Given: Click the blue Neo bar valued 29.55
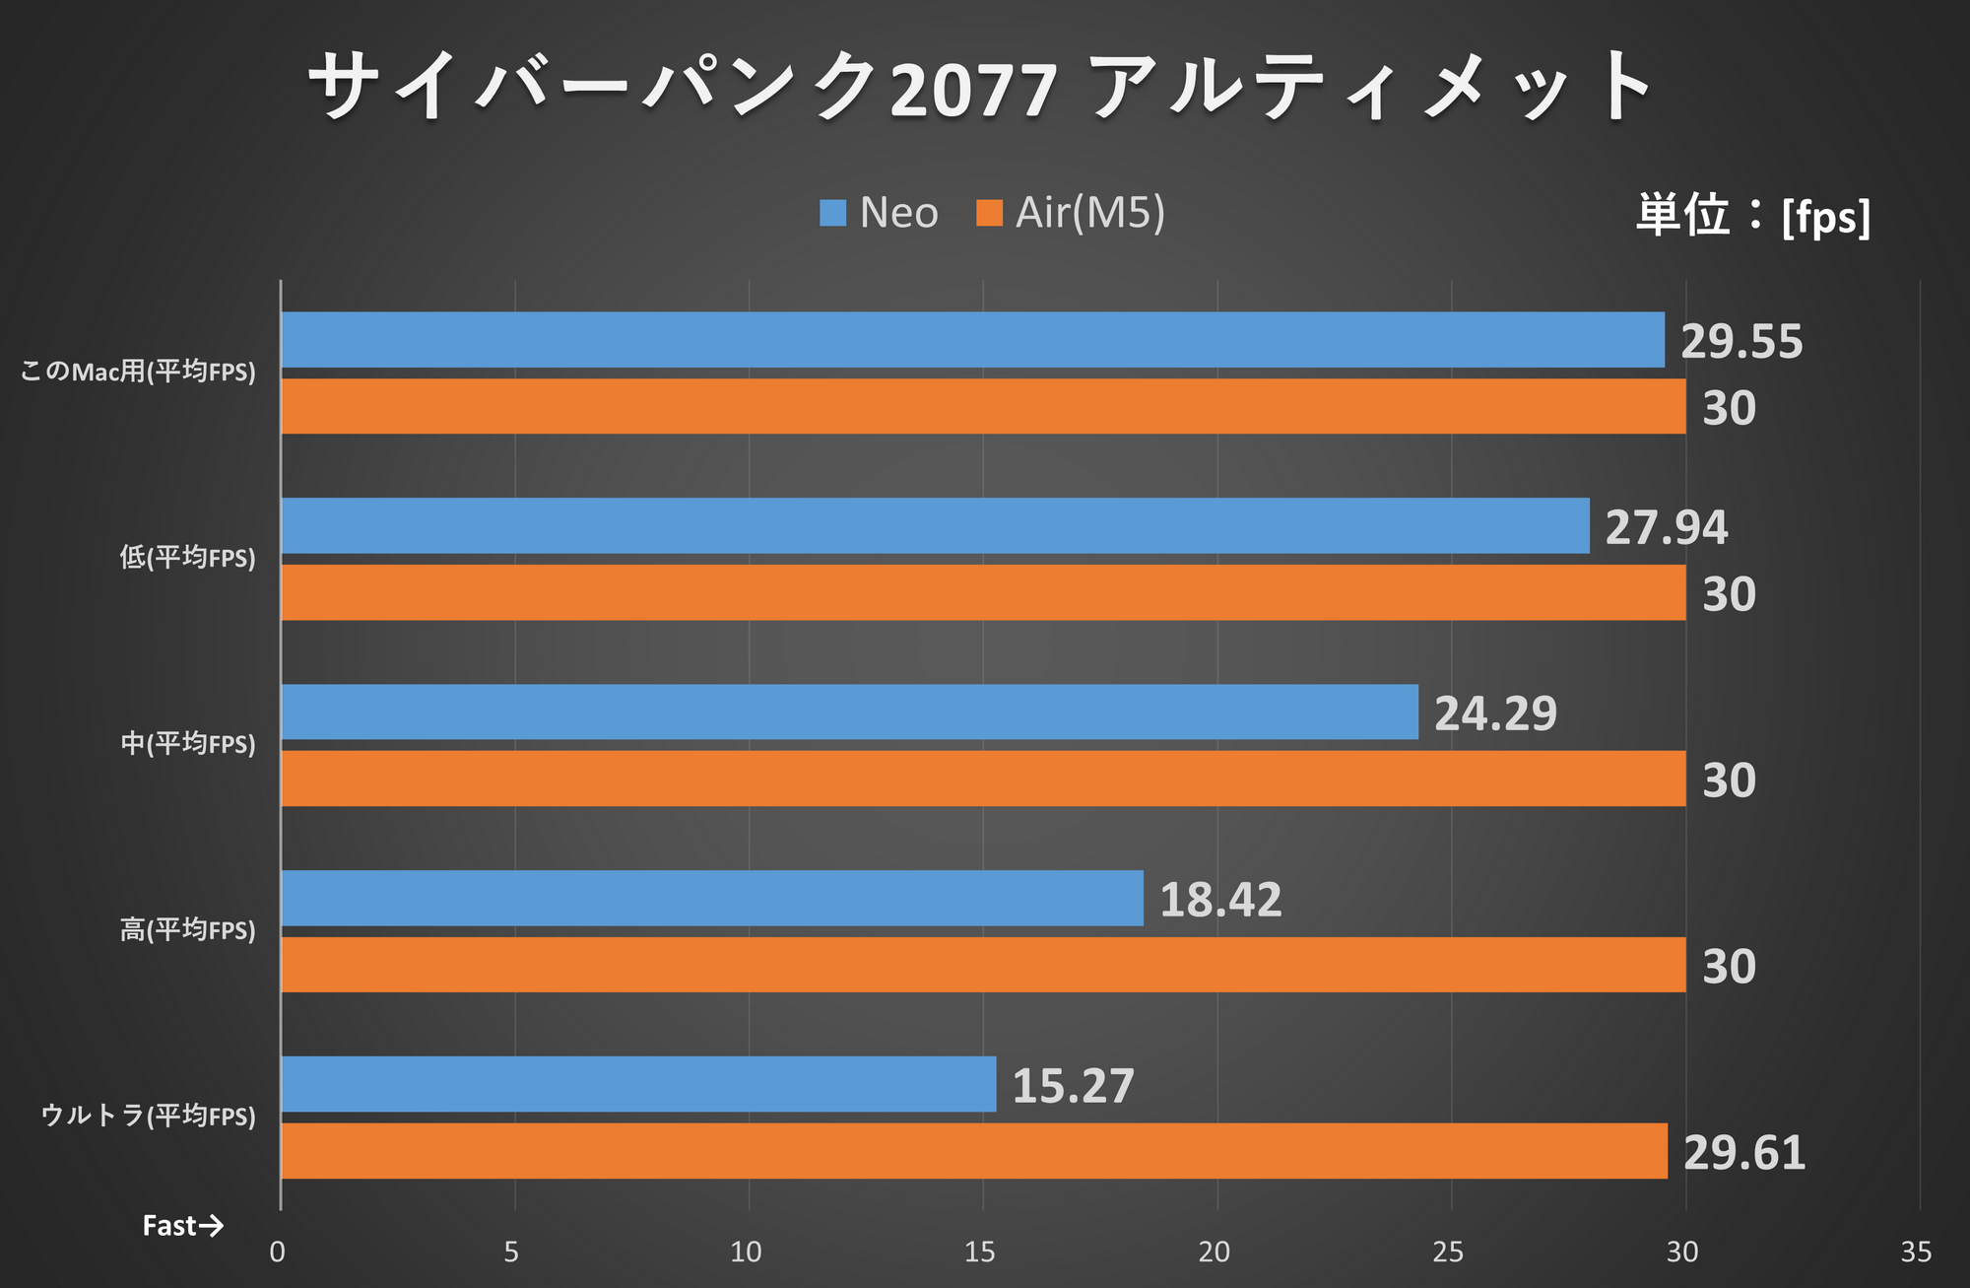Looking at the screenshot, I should pos(972,340).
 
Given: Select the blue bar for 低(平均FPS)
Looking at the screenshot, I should pos(935,525).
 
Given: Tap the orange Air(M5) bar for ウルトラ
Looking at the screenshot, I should pos(973,1151).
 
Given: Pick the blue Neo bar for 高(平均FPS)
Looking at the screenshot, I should pos(711,898).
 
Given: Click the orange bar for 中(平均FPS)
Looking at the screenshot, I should pos(982,779).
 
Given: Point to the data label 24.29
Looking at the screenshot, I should pos(1495,713).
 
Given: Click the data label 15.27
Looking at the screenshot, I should pos(1073,1086).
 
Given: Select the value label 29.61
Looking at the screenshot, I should pos(1743,1153).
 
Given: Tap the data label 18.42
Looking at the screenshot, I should pos(1220,900).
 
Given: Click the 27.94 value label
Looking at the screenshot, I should pos(1666,527).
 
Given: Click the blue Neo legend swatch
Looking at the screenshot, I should pos(832,213).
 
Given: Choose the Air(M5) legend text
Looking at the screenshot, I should pos(1090,213).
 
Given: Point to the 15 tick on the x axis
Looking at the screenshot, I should pos(979,1253).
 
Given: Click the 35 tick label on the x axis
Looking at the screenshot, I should pos(1916,1253).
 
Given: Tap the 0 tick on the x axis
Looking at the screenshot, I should pos(278,1253).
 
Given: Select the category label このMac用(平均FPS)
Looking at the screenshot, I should pos(138,372).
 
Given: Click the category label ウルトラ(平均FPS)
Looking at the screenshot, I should pos(148,1116).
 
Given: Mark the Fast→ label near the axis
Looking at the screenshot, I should pos(182,1226).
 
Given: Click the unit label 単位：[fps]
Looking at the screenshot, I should pos(1752,215).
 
